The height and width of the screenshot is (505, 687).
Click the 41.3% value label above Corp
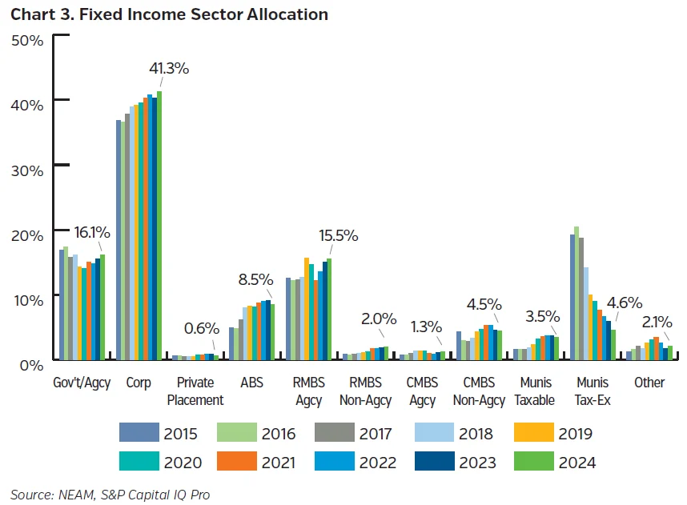[x=167, y=68]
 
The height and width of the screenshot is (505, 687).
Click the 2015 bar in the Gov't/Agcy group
[x=62, y=305]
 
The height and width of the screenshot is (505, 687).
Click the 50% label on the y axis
[x=26, y=39]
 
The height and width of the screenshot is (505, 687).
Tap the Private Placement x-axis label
[x=195, y=391]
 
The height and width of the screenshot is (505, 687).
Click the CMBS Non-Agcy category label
[x=479, y=391]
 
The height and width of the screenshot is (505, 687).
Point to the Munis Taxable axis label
[x=536, y=391]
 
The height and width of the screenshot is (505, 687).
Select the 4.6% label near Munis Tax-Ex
[x=624, y=303]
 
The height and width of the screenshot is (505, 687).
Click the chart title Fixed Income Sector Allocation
[x=169, y=14]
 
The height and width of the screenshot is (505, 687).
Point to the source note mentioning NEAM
[x=110, y=494]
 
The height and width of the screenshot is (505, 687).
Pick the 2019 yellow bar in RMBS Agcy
[x=307, y=309]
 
